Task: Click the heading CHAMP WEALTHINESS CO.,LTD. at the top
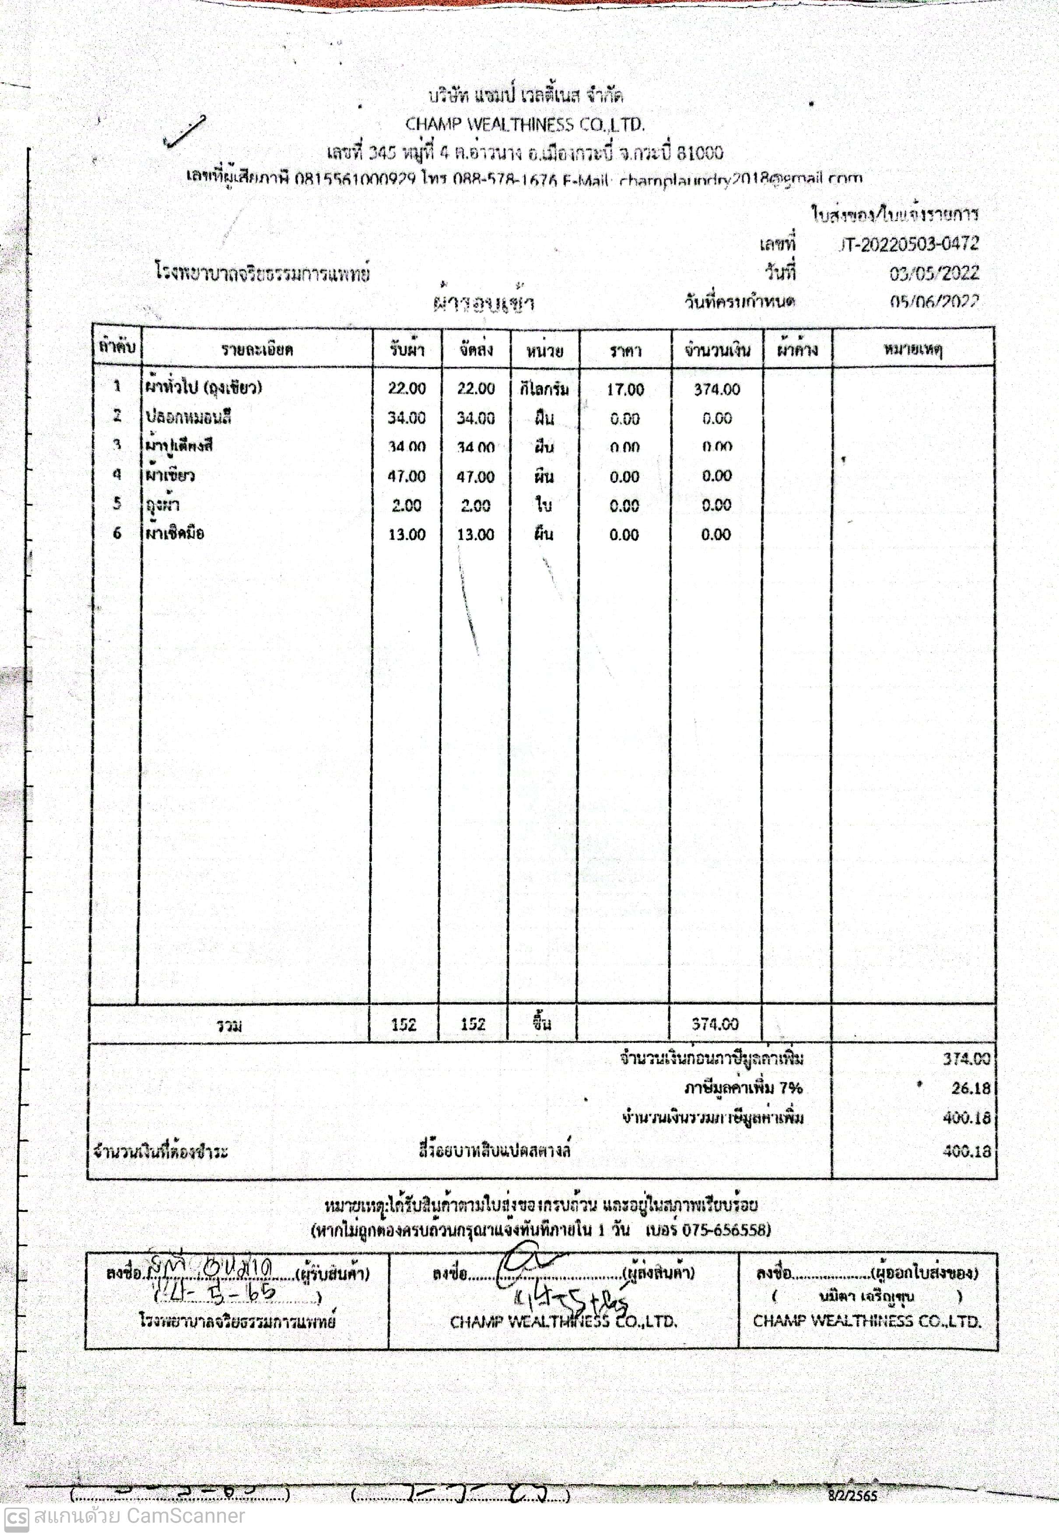(525, 125)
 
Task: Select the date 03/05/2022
(934, 273)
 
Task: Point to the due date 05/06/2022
(934, 302)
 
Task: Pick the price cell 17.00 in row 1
(625, 389)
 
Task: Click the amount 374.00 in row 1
(717, 389)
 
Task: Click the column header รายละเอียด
(257, 350)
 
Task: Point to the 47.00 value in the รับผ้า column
(406, 476)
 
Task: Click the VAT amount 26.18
(970, 1088)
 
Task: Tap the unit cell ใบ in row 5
(544, 505)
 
